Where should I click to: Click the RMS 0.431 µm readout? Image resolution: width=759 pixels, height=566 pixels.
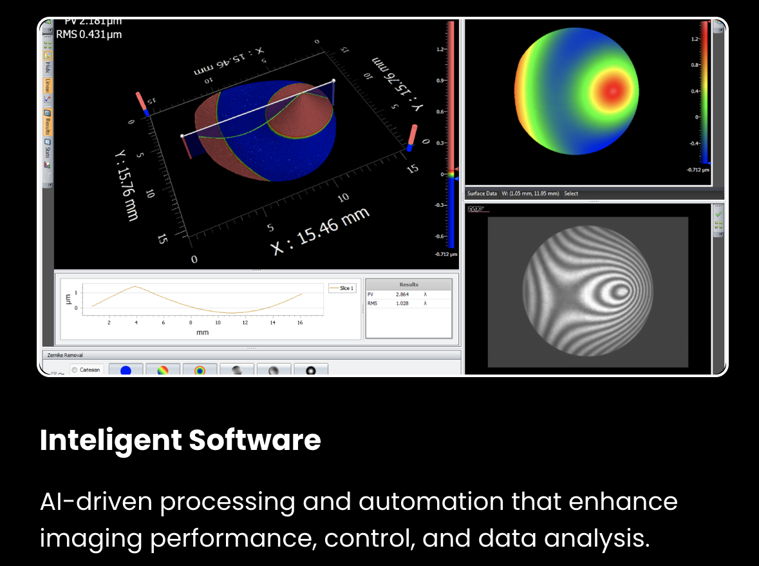[x=89, y=34]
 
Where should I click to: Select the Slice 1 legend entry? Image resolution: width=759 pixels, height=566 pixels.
[x=341, y=288]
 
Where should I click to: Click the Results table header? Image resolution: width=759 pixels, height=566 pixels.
[x=409, y=284]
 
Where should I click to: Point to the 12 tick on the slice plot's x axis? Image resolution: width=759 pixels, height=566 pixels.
[x=245, y=322]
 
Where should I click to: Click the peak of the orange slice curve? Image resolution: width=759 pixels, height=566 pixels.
[x=135, y=286]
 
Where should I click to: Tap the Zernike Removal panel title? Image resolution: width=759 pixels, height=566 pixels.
[x=64, y=355]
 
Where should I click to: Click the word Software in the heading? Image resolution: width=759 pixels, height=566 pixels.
[x=255, y=440]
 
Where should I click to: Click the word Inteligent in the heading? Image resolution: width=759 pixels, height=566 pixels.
[x=111, y=440]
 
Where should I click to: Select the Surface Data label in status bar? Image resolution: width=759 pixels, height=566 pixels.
[x=482, y=193]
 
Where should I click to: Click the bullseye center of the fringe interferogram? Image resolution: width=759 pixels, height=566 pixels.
[x=620, y=291]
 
